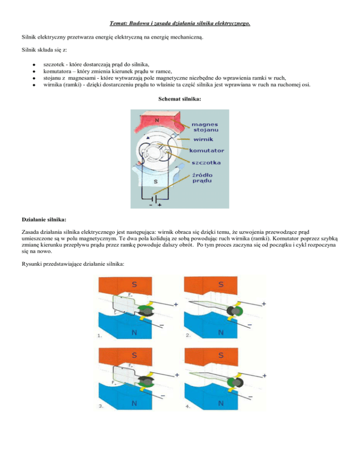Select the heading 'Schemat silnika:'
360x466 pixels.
tap(180, 100)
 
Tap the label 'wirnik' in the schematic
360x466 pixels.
tap(203, 140)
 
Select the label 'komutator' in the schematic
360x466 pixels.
tap(207, 150)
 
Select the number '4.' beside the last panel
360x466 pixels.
tap(188, 406)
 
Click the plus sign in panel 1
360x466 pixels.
tap(176, 304)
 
